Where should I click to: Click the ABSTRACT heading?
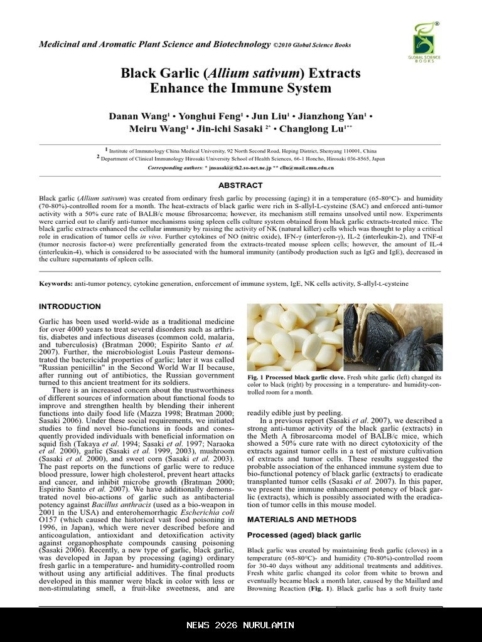240,186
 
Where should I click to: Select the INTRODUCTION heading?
70,307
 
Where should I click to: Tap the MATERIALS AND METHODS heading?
293,520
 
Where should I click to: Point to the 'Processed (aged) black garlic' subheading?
304,535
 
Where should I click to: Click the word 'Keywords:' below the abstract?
56,283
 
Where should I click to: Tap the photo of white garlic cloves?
294,337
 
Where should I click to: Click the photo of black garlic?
393,337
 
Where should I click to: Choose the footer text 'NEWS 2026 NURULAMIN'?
240,625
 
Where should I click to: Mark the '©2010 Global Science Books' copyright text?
312,45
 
